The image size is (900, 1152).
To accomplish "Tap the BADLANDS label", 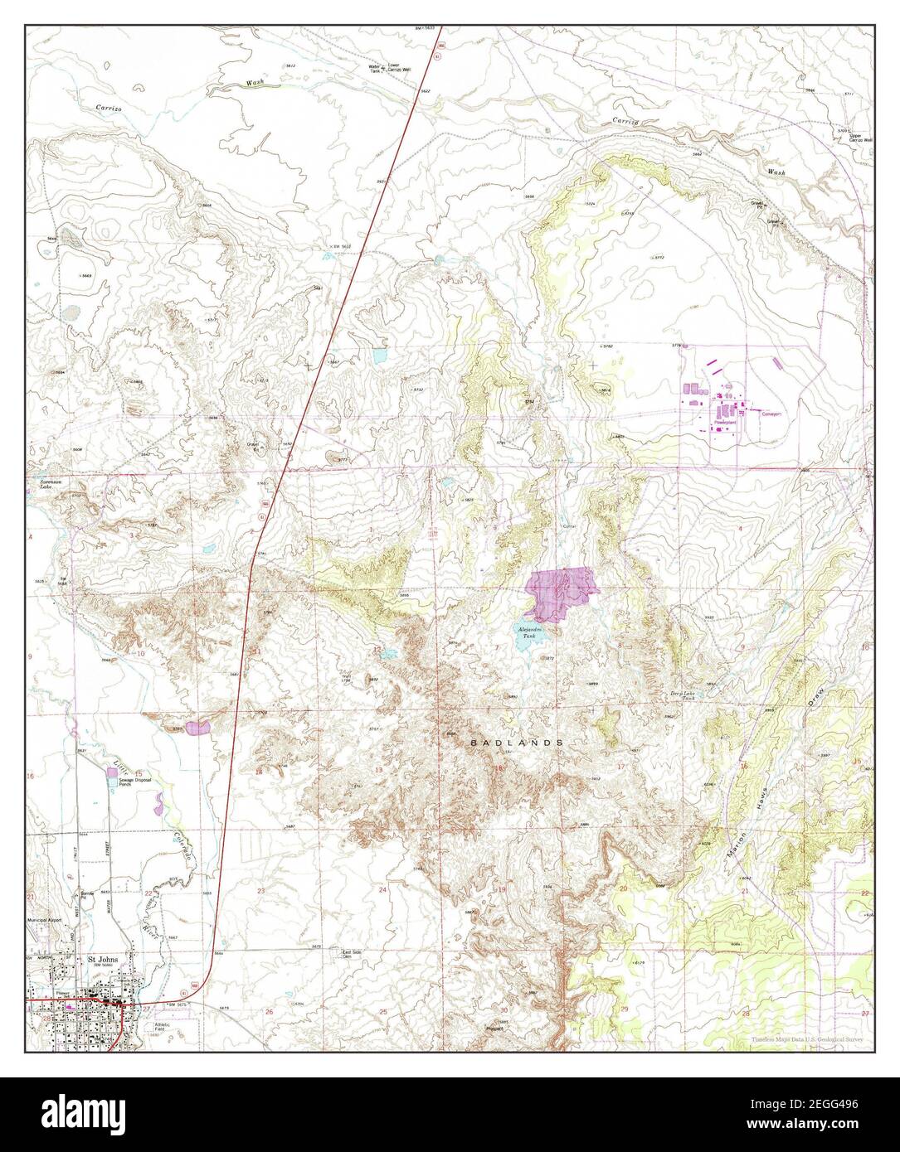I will coord(518,743).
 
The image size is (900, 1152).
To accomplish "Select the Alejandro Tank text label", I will coord(531,633).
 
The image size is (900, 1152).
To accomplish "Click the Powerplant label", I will coord(726,422).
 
